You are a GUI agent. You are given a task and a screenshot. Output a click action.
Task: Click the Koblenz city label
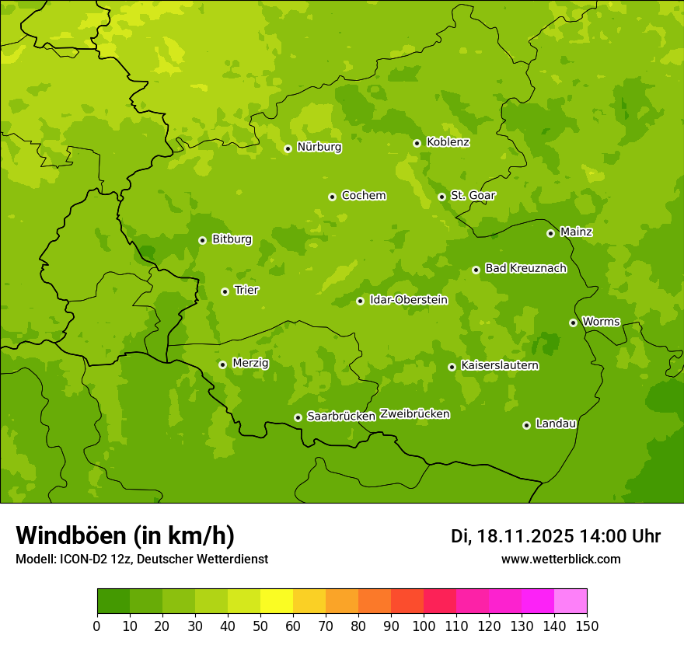point(448,142)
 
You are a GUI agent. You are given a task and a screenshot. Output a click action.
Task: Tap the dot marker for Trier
point(225,291)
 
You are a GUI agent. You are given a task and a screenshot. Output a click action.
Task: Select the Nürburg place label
point(319,147)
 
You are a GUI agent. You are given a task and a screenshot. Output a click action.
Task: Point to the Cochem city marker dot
point(332,197)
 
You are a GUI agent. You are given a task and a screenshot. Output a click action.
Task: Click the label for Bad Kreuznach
point(525,268)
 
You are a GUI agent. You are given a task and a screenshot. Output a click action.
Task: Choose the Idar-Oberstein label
point(408,299)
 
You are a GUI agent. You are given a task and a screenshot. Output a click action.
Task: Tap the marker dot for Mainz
point(550,233)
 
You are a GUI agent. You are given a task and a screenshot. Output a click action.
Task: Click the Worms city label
point(600,321)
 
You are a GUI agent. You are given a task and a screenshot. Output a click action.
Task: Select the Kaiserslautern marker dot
point(452,367)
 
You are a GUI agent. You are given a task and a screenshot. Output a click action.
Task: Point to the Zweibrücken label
point(414,414)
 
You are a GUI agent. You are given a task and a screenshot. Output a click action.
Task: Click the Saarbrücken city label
point(340,417)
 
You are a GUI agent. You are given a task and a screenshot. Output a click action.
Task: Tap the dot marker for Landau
point(526,425)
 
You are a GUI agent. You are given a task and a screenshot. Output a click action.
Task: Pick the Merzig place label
point(250,363)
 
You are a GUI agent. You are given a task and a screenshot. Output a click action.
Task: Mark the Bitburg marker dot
point(202,240)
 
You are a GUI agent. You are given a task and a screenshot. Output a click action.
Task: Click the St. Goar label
point(473,195)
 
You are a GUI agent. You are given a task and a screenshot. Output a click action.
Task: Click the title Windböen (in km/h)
point(124,535)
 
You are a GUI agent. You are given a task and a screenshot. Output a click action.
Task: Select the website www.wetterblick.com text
point(560,559)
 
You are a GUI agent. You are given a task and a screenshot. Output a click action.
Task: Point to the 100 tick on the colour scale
point(424,626)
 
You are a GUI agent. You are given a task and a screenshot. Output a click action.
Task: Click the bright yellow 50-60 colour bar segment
point(277,601)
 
